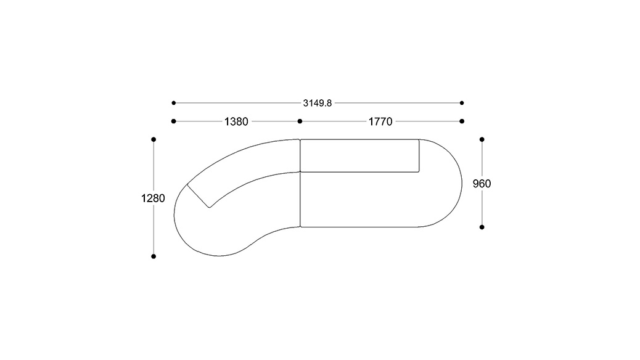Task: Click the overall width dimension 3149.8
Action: (x=317, y=104)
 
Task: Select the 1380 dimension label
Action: (x=236, y=121)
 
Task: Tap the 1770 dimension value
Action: (x=380, y=121)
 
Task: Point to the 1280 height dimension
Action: (x=153, y=198)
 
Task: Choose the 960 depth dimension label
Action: (x=482, y=184)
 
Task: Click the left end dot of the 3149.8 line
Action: (x=173, y=103)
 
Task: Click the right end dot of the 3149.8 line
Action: (x=462, y=103)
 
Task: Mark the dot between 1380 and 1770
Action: (x=300, y=121)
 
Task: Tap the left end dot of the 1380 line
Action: (x=173, y=121)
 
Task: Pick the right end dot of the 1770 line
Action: (x=462, y=121)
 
